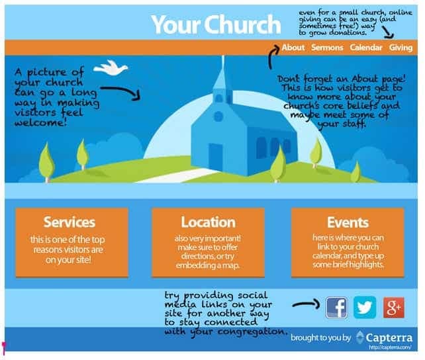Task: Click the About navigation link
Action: [293, 48]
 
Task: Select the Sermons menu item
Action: [327, 48]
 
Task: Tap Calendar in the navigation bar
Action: [366, 48]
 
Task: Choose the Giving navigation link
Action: [401, 48]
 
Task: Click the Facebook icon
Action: [336, 307]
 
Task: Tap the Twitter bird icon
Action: [365, 307]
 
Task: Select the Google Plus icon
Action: [393, 307]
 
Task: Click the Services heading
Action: [69, 222]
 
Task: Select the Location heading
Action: [208, 222]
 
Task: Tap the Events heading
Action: [348, 222]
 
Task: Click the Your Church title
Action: [215, 24]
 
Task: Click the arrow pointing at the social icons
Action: [305, 305]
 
